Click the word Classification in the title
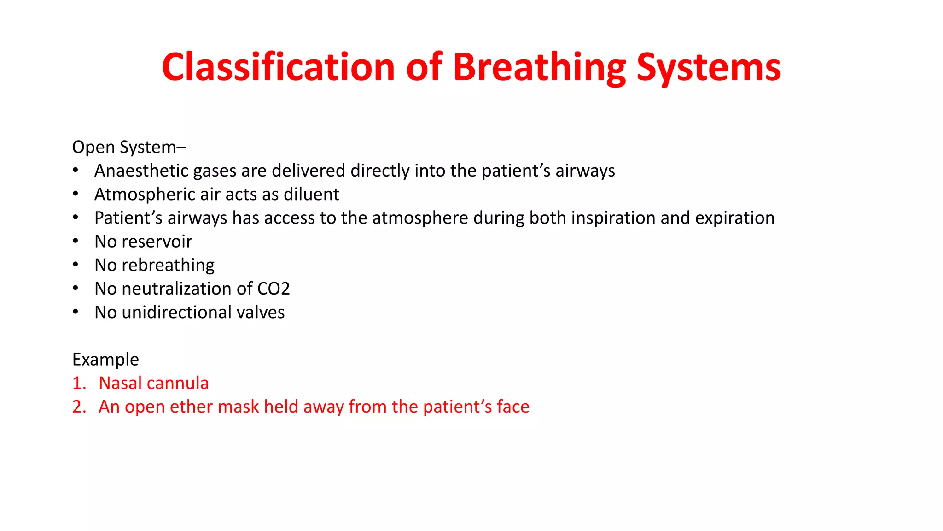coord(278,67)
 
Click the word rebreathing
coord(168,265)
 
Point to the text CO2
coord(274,289)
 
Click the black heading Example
coord(105,360)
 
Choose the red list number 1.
coord(78,383)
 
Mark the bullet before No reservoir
coord(76,241)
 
